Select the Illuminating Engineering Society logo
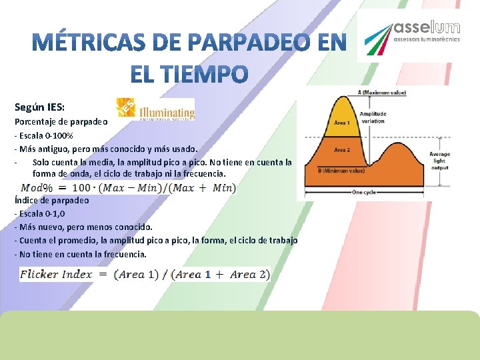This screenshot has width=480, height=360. (156, 109)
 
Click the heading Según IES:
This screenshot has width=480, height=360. (41, 107)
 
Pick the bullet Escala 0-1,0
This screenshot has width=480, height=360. (44, 214)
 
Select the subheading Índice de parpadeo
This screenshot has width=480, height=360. (51, 200)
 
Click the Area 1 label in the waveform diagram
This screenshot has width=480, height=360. (341, 123)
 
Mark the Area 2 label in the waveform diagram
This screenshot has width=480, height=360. (341, 150)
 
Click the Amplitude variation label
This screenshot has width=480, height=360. (373, 117)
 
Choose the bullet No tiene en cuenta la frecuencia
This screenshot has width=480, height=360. (83, 254)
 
